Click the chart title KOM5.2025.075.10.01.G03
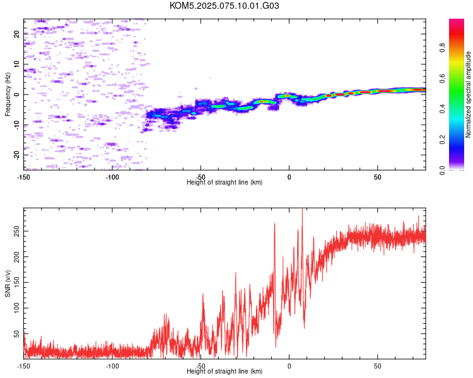(x=224, y=6)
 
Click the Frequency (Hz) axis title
(x=8, y=94)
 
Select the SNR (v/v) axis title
(x=8, y=283)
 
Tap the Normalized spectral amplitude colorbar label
(x=468, y=94)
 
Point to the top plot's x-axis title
(x=225, y=182)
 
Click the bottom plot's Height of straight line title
(x=225, y=371)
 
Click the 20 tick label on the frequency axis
(x=16, y=34)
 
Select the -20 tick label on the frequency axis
(x=16, y=155)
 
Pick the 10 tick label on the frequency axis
(x=16, y=64)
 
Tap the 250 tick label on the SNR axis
(x=16, y=231)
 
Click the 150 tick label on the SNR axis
(x=16, y=282)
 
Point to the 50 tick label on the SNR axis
(x=16, y=334)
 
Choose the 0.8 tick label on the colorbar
(x=442, y=47)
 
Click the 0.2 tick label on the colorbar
(x=442, y=140)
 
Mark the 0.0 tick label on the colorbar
(x=442, y=170)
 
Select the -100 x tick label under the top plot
(x=112, y=177)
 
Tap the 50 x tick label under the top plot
(x=378, y=177)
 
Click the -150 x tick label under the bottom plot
(x=23, y=366)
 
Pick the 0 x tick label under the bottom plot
(x=289, y=366)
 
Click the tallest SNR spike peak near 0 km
(x=302, y=209)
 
